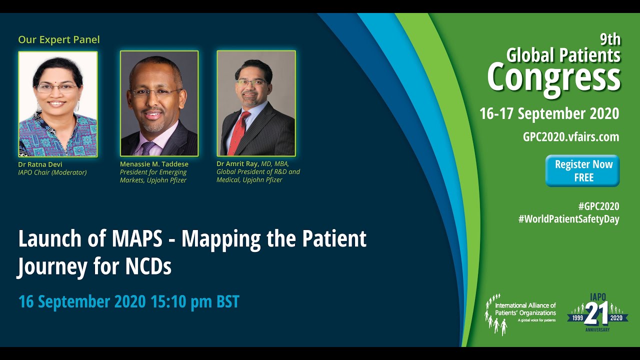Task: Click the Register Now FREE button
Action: pyautogui.click(x=582, y=170)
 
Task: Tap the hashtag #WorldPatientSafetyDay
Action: pyautogui.click(x=568, y=219)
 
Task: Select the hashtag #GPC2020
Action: pyautogui.click(x=598, y=206)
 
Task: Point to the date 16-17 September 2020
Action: pyautogui.click(x=549, y=113)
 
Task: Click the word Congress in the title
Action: pyautogui.click(x=553, y=77)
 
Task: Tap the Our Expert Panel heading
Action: pyautogui.click(x=59, y=39)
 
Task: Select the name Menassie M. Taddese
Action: pyautogui.click(x=154, y=164)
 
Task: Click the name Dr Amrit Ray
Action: pyautogui.click(x=237, y=163)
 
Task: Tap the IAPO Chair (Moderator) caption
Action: pyautogui.click(x=52, y=172)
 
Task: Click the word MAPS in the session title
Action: pyautogui.click(x=138, y=239)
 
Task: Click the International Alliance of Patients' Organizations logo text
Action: pyautogui.click(x=525, y=309)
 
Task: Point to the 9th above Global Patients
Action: pyautogui.click(x=610, y=39)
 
